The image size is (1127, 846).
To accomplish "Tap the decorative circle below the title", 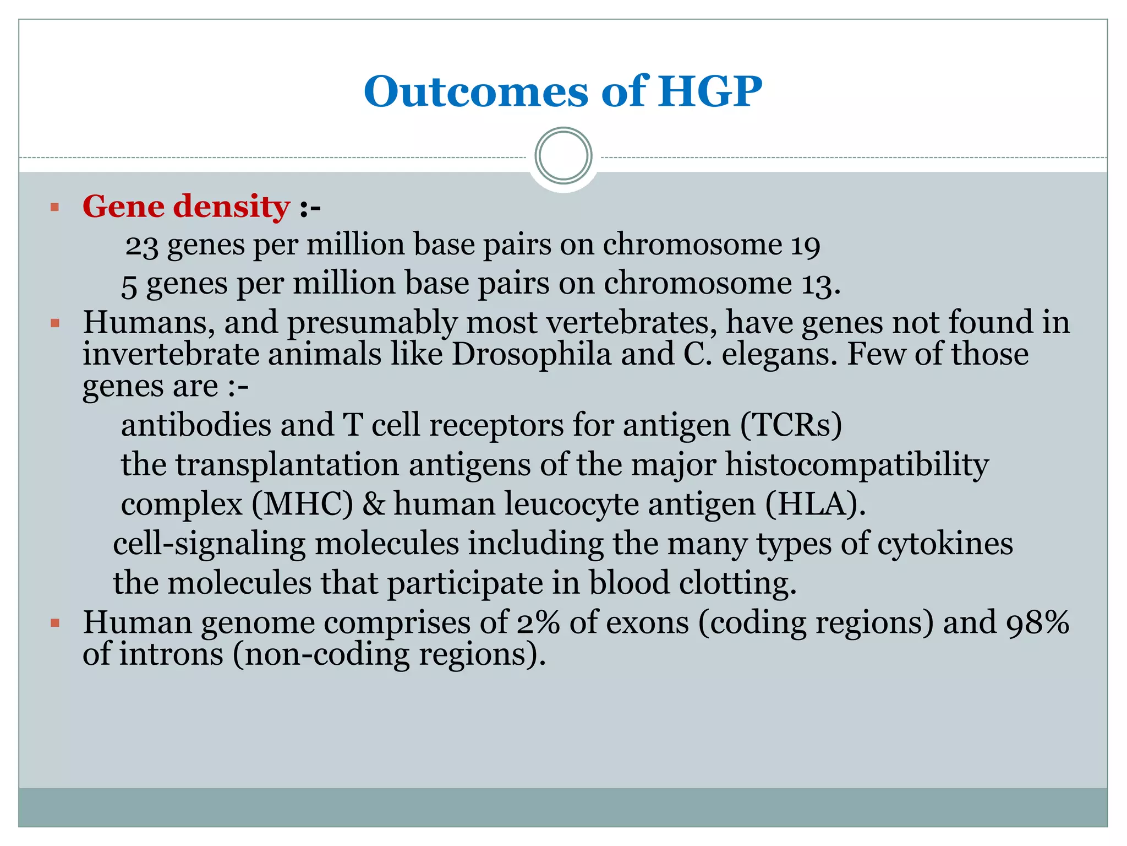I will (563, 156).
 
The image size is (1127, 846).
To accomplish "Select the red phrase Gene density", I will (186, 207).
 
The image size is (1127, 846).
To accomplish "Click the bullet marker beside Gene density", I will (54, 208).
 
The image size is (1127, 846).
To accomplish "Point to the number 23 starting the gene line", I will (141, 246).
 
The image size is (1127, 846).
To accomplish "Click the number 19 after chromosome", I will (805, 246).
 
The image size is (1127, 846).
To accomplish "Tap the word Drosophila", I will (531, 354).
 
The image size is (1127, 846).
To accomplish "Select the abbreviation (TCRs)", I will (791, 425).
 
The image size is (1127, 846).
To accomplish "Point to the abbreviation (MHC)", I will (302, 504).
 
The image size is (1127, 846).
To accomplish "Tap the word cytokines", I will (944, 544).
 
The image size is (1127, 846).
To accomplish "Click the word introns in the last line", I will (171, 655).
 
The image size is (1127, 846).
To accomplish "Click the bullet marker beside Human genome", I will (54, 623).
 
